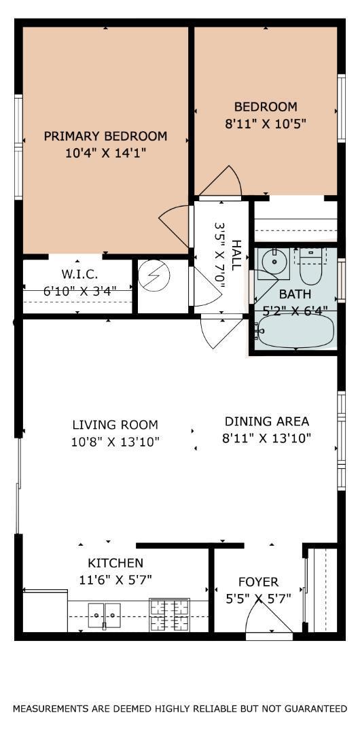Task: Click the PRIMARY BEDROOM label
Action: (105, 136)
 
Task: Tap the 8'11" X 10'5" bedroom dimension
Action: (266, 124)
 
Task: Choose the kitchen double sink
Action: (105, 612)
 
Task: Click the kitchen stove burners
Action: (169, 614)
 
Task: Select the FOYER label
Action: (258, 582)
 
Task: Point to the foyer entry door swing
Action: (269, 616)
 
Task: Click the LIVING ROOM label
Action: (115, 425)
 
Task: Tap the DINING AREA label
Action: (267, 421)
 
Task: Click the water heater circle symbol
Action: (156, 277)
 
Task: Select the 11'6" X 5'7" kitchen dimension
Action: (115, 580)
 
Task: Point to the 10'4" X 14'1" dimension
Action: (106, 153)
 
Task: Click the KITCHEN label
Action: (115, 563)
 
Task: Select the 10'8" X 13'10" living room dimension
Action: (115, 442)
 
